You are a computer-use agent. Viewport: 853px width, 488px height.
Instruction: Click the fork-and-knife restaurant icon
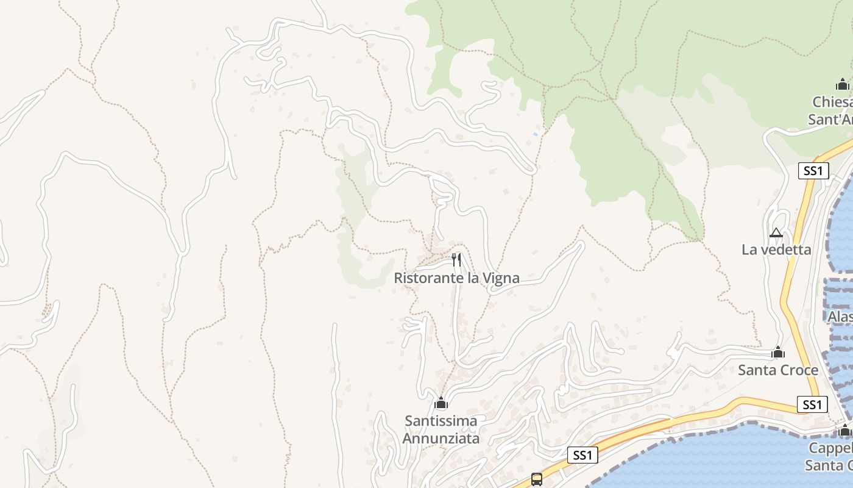click(x=456, y=260)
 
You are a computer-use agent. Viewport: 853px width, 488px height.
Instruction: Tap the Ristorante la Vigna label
click(x=456, y=278)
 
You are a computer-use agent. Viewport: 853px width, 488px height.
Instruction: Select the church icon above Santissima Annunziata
click(x=441, y=403)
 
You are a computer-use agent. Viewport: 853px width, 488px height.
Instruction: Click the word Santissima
click(x=441, y=421)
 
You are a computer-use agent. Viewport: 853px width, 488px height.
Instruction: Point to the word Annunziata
click(x=441, y=438)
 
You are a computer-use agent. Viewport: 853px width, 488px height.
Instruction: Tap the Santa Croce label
click(x=778, y=370)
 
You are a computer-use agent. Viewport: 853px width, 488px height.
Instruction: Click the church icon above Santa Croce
click(x=777, y=352)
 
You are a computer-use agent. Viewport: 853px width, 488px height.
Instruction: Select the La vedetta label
click(x=776, y=249)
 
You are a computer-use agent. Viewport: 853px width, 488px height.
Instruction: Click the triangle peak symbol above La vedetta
click(x=776, y=232)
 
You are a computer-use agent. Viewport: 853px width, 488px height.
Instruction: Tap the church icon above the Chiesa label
click(x=843, y=84)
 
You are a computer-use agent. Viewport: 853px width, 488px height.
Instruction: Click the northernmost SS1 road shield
click(x=813, y=171)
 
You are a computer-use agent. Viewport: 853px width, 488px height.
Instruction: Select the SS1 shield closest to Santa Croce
click(x=812, y=404)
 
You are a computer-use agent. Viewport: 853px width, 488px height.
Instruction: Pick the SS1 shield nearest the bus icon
click(x=582, y=454)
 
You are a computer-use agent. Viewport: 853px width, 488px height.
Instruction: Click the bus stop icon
click(x=536, y=479)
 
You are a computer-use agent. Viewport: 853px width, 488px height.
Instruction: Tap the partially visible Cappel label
click(x=830, y=448)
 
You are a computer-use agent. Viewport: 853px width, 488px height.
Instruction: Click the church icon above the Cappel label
click(x=844, y=431)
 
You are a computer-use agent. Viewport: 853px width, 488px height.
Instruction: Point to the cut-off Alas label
click(x=840, y=317)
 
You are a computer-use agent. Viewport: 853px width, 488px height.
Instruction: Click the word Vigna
click(x=501, y=278)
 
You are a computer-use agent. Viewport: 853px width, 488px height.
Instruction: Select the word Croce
click(x=799, y=370)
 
